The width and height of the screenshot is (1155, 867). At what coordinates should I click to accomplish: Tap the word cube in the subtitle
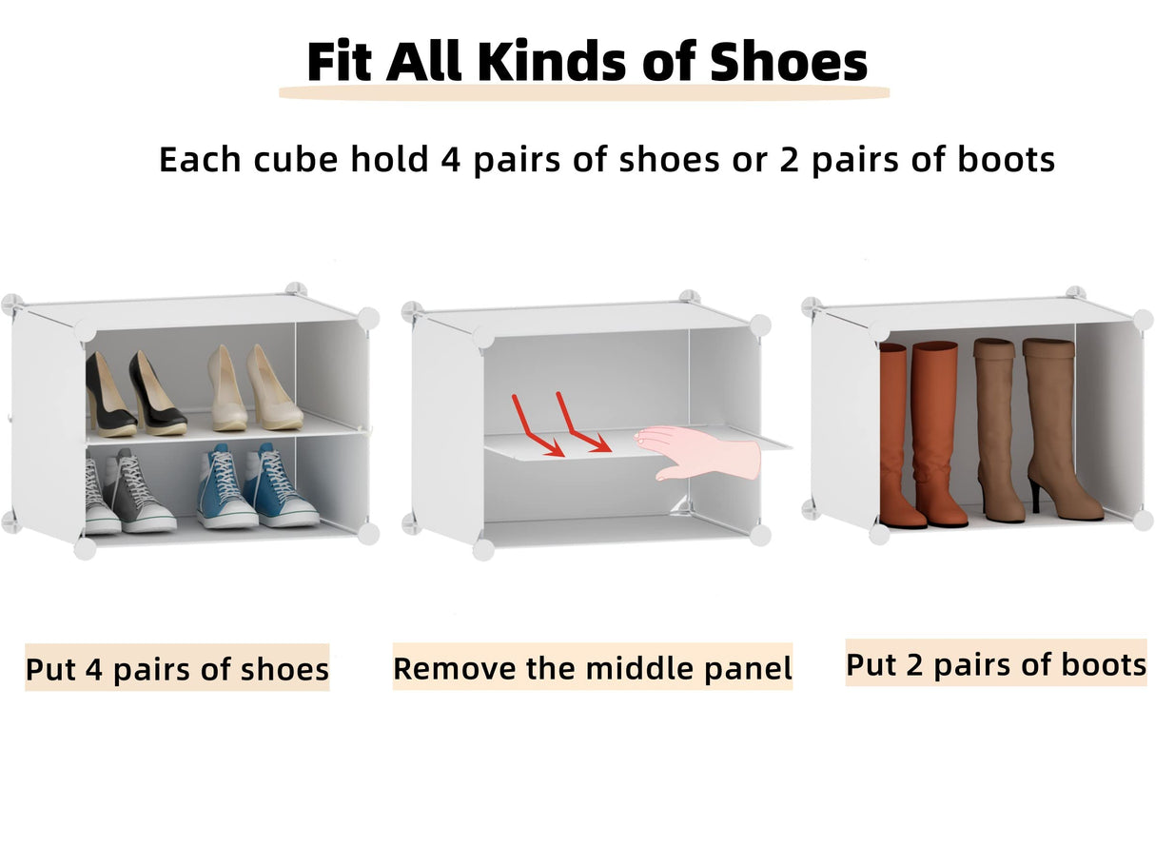295,159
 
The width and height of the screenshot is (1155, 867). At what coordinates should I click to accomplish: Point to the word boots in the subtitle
1007,159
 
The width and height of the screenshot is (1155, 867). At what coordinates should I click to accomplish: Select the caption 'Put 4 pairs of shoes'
177,668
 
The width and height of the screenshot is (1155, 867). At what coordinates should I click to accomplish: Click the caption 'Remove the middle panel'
592,668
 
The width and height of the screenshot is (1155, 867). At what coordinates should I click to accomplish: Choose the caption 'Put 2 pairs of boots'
995,663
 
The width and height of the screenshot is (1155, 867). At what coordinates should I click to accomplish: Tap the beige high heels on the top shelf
244,388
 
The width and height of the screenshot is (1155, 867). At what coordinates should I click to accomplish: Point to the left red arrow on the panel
536,426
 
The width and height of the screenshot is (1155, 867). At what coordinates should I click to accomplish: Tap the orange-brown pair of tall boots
920,433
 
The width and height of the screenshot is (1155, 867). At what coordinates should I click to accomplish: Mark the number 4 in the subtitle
450,159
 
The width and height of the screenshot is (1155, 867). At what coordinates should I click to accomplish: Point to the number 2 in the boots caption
913,663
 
